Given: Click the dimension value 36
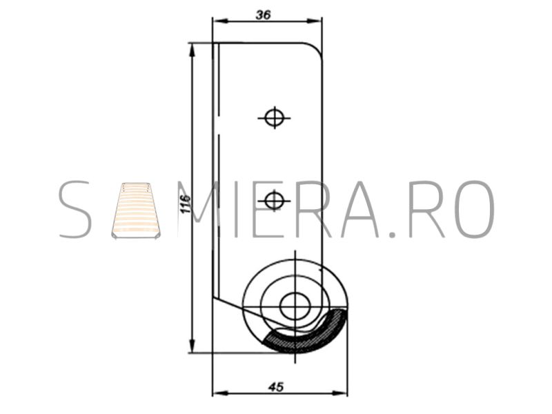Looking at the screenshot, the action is click(264, 14).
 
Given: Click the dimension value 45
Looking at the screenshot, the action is click(275, 387).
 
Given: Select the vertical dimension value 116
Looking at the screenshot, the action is click(185, 203).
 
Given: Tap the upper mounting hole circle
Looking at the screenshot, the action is click(274, 117).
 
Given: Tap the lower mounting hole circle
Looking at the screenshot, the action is click(274, 201).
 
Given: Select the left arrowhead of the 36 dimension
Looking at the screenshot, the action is click(221, 21).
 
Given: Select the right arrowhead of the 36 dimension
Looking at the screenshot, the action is click(315, 21).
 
